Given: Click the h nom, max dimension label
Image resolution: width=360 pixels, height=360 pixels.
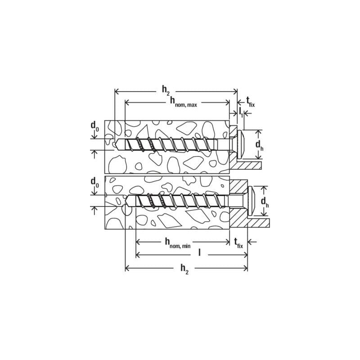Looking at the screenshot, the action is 184,102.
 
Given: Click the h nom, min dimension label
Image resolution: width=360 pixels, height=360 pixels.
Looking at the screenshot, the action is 178,243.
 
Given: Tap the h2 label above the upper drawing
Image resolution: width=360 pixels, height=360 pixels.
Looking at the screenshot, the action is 166,90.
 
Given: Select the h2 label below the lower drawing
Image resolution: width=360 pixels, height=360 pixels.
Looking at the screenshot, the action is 184,269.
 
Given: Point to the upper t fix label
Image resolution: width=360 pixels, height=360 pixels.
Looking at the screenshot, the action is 251,102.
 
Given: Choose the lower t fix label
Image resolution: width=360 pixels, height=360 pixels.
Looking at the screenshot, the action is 238,243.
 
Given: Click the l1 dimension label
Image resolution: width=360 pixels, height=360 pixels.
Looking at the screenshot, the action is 241,112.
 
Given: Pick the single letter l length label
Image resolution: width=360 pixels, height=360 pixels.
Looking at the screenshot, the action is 199,252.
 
